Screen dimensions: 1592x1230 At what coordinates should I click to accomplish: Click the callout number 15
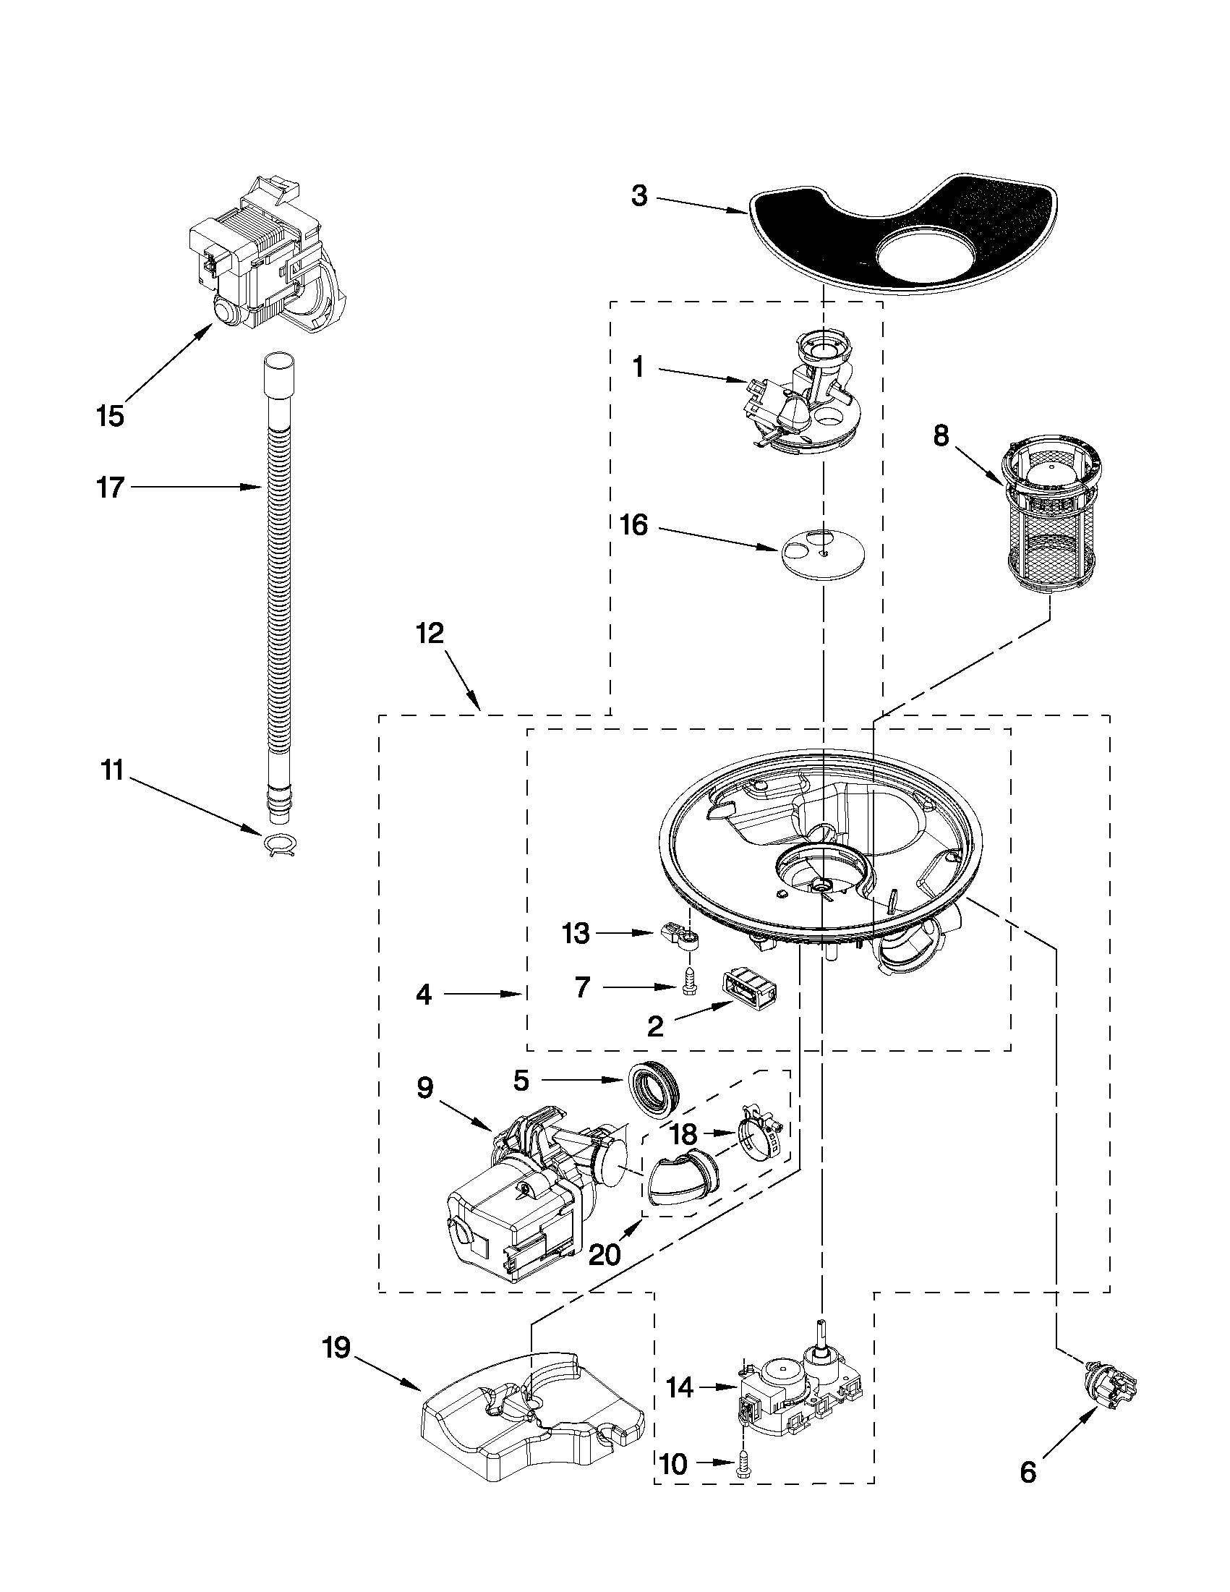pyautogui.click(x=110, y=416)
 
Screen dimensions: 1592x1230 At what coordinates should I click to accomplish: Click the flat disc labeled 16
pyautogui.click(x=821, y=553)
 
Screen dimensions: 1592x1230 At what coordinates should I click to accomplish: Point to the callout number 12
pyautogui.click(x=430, y=633)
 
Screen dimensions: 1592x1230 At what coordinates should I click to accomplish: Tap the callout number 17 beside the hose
pyautogui.click(x=110, y=487)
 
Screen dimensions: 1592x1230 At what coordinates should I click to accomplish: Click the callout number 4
pyautogui.click(x=423, y=995)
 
